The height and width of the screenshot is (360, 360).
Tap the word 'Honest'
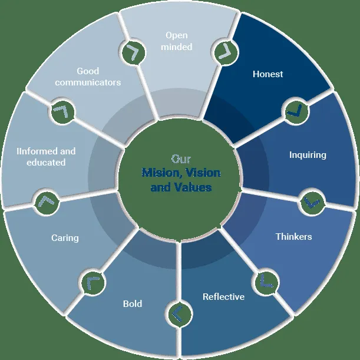point(267,74)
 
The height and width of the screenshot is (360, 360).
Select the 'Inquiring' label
point(308,155)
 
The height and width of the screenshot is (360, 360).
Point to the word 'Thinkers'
point(293,237)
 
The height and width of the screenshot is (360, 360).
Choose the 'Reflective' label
point(223,296)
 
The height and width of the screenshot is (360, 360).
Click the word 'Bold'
point(133,304)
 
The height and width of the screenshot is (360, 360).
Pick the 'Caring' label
point(64,238)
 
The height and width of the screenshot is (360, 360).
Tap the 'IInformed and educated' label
point(46,156)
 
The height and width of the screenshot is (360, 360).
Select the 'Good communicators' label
point(88,77)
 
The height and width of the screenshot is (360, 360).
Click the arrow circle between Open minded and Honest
point(223,51)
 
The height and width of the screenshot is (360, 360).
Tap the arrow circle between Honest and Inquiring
point(295,110)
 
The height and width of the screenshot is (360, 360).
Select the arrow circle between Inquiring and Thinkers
point(311,202)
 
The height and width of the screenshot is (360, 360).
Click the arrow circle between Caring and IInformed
point(47,202)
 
